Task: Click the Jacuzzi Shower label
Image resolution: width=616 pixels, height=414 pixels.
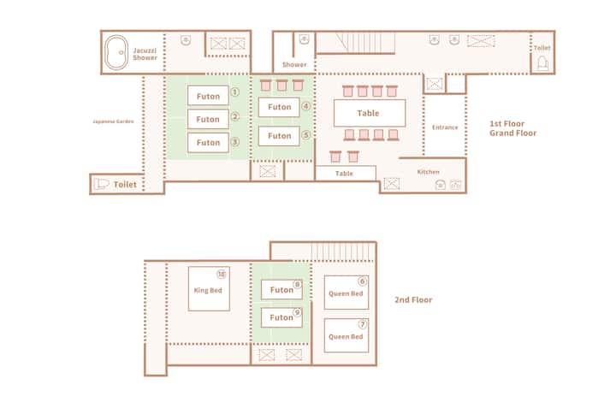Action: [x=145, y=54]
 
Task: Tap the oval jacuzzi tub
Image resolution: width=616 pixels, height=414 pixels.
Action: [x=116, y=53]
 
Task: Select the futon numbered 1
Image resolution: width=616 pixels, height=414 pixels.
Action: [x=208, y=96]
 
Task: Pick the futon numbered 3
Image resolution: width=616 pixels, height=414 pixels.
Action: [x=208, y=142]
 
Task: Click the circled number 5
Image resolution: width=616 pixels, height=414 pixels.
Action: [x=306, y=135]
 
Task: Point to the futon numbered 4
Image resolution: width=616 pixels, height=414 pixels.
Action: [x=279, y=107]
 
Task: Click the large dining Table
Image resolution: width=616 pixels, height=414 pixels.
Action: [x=370, y=113]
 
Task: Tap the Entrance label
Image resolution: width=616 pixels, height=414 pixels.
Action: [x=445, y=127]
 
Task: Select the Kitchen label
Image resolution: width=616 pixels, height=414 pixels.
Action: [x=429, y=172]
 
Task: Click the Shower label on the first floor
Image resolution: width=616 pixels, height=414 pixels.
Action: [x=294, y=64]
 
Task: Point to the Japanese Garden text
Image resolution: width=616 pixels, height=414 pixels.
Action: [x=113, y=121]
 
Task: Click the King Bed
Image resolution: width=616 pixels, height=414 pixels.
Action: [x=209, y=289]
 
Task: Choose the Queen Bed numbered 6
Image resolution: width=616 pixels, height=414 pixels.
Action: [x=346, y=293]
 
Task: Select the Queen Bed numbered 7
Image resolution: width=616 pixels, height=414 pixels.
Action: [x=346, y=335]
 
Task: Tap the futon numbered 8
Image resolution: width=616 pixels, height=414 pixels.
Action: [x=281, y=289]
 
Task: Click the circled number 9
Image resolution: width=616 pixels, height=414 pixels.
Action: [x=298, y=312]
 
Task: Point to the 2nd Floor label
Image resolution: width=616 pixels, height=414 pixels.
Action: [x=413, y=299]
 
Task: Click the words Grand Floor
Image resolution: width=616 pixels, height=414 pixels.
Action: [x=512, y=133]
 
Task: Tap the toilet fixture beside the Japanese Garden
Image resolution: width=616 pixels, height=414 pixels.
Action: [x=101, y=184]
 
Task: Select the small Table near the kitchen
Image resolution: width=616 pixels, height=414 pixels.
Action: [x=346, y=174]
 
